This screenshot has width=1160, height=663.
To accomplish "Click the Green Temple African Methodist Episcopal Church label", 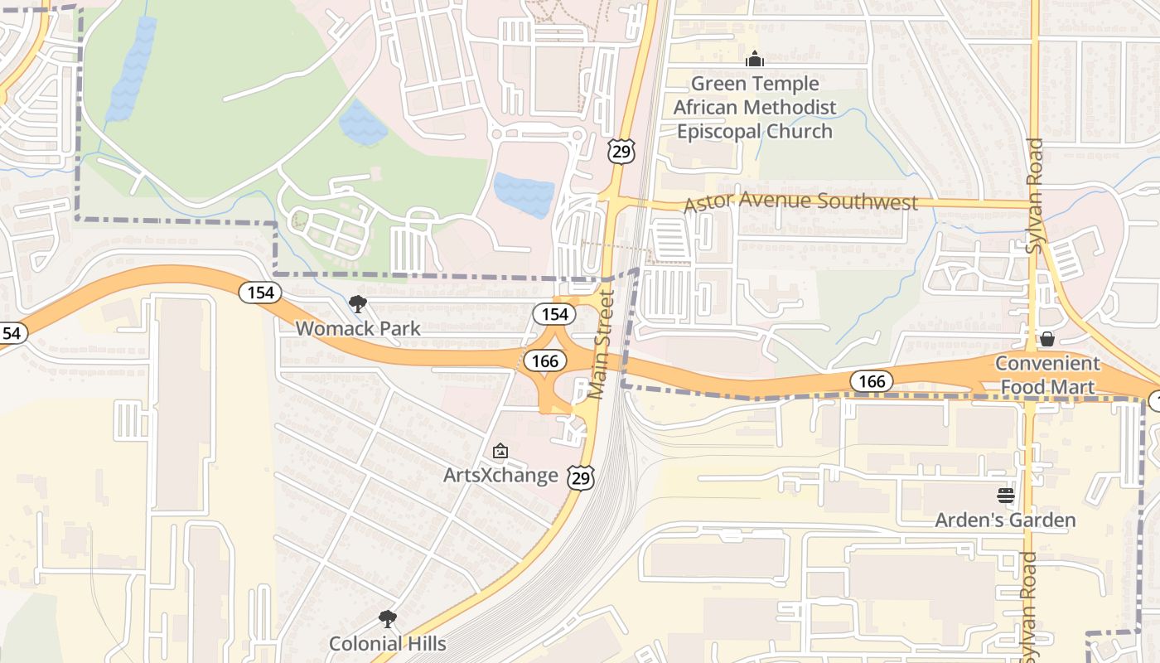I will click(x=754, y=108).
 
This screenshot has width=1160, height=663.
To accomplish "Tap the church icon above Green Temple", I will click(x=755, y=59).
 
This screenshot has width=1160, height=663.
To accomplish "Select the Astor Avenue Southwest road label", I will click(x=800, y=201).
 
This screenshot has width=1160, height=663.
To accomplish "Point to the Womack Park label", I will click(x=358, y=328).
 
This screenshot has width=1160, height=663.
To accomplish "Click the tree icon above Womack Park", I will click(x=358, y=303).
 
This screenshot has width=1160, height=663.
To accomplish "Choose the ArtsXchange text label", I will click(x=500, y=475).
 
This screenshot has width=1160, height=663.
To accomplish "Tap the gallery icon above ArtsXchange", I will click(x=500, y=451).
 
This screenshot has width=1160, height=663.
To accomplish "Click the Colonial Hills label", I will click(x=387, y=643).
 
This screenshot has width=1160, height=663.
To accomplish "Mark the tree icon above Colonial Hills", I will click(x=387, y=618).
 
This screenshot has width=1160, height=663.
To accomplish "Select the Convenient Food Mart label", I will click(x=1046, y=375).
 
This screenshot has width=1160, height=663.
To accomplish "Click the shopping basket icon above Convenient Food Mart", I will click(x=1047, y=338).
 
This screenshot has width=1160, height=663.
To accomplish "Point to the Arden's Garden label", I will click(x=1005, y=520).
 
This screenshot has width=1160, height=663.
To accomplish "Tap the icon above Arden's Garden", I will click(x=1006, y=496).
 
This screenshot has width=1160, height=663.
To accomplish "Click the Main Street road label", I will click(x=603, y=344).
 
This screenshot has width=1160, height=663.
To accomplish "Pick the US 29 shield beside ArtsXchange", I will click(x=581, y=477).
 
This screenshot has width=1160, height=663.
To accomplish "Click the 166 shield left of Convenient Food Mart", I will click(x=871, y=381).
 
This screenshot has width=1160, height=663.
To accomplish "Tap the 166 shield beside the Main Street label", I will click(x=544, y=361).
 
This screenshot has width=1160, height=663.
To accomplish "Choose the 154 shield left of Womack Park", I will click(x=260, y=293).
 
